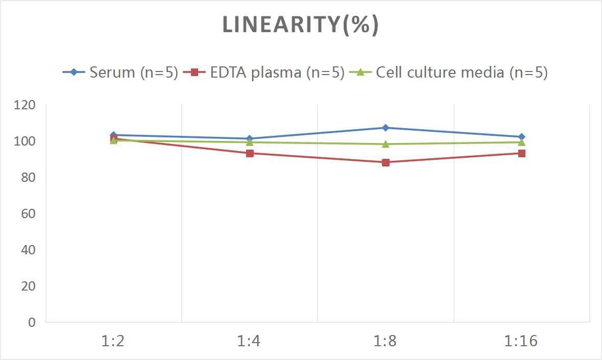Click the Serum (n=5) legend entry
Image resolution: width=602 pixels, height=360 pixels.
[x=121, y=73]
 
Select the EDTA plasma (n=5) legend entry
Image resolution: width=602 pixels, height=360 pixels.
[x=263, y=73]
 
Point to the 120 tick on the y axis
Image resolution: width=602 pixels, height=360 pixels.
[x=25, y=105]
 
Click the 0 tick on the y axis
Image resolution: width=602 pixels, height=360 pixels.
[x=32, y=322]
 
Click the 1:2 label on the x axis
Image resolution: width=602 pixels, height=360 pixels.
[x=113, y=341]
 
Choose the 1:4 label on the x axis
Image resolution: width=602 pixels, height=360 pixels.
[x=249, y=341]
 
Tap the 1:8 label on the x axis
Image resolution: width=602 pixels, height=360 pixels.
[x=386, y=341]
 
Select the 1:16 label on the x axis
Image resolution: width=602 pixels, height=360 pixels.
[x=521, y=341]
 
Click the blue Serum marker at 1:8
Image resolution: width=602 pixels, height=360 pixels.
[x=386, y=128]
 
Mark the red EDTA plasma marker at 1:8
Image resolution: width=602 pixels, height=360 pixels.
[x=386, y=162]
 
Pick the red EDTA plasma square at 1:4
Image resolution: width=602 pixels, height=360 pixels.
[x=250, y=153]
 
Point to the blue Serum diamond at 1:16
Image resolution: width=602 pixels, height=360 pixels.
[x=521, y=137]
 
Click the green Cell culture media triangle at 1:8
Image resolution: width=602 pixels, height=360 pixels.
[x=386, y=143]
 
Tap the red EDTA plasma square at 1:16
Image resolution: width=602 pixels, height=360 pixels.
[x=521, y=153]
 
